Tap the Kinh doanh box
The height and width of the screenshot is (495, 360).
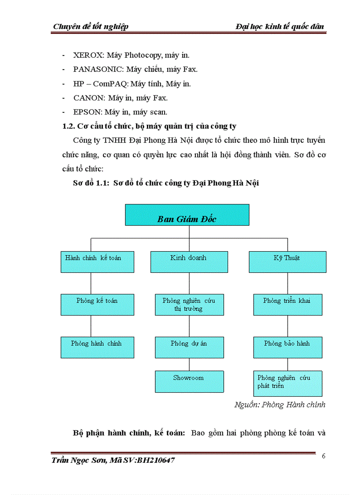click(x=189, y=262)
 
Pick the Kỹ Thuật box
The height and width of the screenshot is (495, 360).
click(x=287, y=262)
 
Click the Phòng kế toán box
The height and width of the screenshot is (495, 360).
click(x=97, y=305)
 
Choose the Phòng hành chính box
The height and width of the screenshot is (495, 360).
click(x=97, y=347)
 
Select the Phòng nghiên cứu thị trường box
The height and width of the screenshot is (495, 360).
click(x=189, y=305)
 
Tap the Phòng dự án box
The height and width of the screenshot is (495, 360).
click(x=189, y=347)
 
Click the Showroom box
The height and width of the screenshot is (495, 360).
click(x=189, y=381)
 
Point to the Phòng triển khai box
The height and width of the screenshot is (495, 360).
click(x=287, y=305)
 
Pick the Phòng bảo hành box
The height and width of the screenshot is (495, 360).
click(x=287, y=347)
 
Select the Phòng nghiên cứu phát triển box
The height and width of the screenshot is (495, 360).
click(x=287, y=383)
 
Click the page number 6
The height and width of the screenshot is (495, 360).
click(x=323, y=456)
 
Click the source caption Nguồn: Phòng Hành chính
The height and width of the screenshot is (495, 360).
click(x=280, y=405)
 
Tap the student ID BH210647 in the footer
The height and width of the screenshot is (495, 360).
click(x=156, y=461)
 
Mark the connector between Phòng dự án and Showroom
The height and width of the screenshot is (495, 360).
click(x=189, y=364)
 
